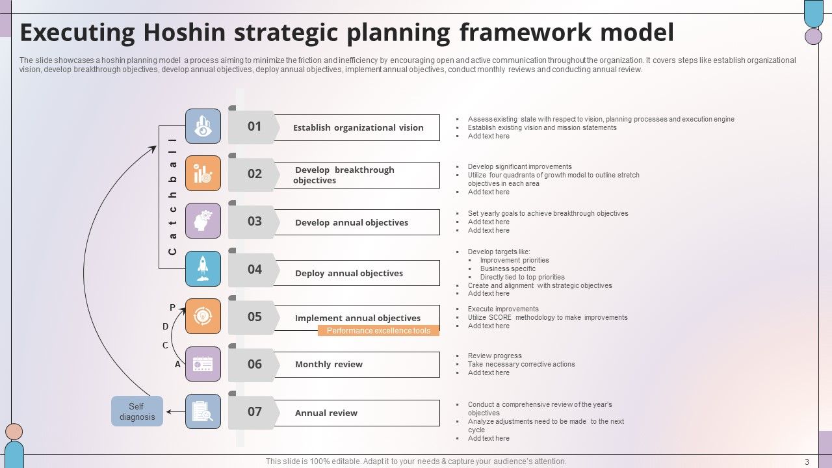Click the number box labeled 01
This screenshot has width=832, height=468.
coord(254,127)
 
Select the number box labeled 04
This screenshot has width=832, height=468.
coord(254,270)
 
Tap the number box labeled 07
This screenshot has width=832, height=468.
coord(254,412)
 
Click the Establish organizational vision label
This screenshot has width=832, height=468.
coord(358,128)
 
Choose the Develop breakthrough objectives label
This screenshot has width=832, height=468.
coord(344,175)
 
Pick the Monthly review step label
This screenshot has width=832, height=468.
coord(329,365)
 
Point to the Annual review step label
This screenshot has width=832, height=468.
coord(326,413)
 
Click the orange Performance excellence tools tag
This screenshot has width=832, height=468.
coord(378,331)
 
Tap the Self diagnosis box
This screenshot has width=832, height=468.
coord(136,411)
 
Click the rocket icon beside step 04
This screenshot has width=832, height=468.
coord(203,269)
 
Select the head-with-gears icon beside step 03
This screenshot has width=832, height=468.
coord(203,221)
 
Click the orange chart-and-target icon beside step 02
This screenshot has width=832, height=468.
coord(203,174)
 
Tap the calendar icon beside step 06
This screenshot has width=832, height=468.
coord(203,364)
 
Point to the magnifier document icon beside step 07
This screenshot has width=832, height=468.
coord(203,411)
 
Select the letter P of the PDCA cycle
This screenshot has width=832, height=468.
coord(172,307)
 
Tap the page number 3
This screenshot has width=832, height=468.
coord(807,462)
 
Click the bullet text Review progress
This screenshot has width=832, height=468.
coord(495,356)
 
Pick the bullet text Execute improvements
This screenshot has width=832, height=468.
coord(503,309)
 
